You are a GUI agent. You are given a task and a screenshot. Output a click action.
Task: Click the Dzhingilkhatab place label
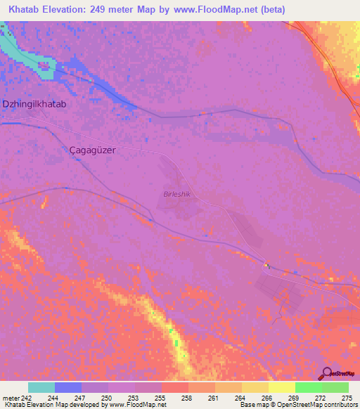pyautogui.click(x=37, y=104)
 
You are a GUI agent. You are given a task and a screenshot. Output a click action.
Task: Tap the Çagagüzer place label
pyautogui.click(x=92, y=150)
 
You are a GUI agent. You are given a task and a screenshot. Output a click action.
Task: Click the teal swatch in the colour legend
pyautogui.click(x=41, y=387)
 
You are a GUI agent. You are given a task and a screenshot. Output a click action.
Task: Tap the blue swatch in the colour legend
pyautogui.click(x=68, y=387)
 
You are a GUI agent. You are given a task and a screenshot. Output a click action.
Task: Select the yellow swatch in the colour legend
pyautogui.click(x=282, y=387)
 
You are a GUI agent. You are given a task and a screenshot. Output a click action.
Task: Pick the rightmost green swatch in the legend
pyautogui.click(x=335, y=387)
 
